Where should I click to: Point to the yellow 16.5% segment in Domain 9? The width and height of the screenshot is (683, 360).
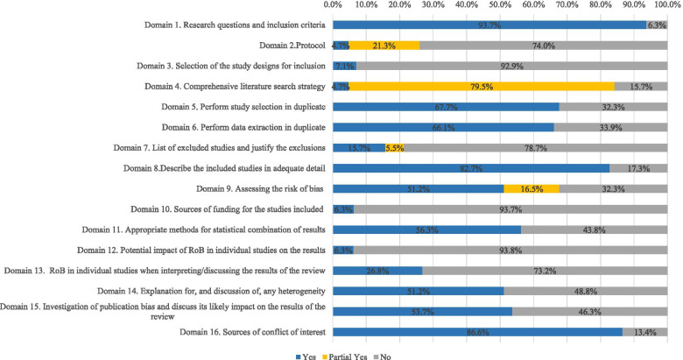click(532, 187)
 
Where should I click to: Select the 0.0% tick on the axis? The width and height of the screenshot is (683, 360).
click(334, 6)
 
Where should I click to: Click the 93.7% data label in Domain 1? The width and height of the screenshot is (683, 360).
click(490, 25)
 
